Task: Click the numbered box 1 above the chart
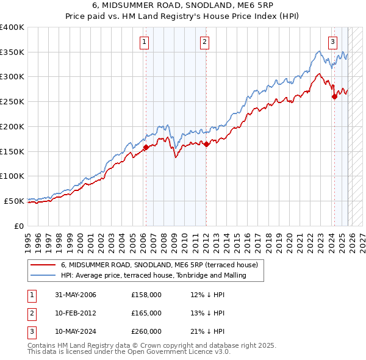click(145, 42)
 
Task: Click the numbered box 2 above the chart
click(204, 42)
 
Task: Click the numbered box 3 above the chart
click(332, 42)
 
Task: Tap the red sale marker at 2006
click(146, 147)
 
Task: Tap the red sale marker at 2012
click(206, 144)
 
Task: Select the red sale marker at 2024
click(334, 96)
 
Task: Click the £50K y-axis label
click(14, 200)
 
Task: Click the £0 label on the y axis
click(18, 225)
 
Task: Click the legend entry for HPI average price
click(153, 275)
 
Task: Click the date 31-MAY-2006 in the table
click(76, 295)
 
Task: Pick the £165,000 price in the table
click(146, 313)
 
